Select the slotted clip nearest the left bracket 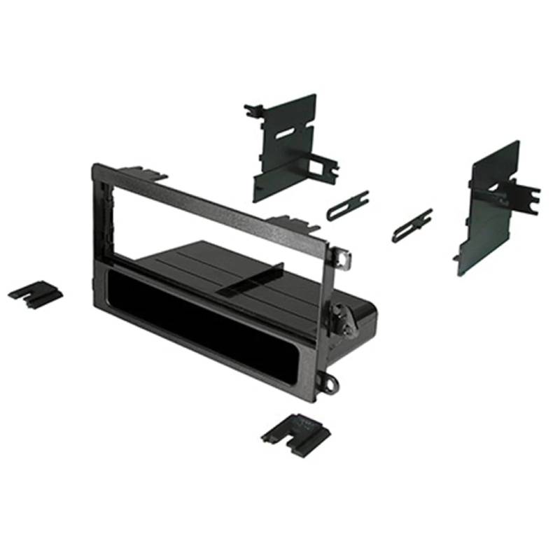(347, 205)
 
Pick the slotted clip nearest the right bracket (412, 225)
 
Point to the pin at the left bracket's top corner (252, 109)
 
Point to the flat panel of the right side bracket (490, 210)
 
